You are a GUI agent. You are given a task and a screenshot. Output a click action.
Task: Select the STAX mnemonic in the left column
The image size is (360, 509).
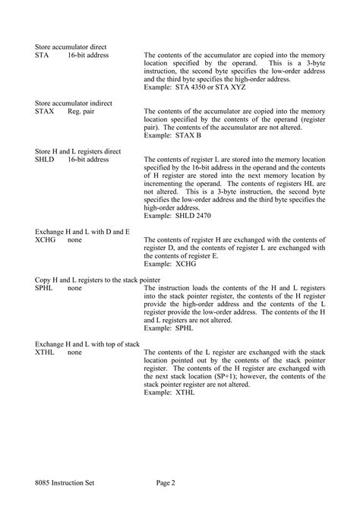45,111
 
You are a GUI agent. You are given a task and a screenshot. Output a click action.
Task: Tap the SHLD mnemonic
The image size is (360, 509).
45,160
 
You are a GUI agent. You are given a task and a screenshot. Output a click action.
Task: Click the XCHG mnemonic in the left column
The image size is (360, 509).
46,239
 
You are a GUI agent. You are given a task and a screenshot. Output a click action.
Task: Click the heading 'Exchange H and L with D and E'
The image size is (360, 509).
82,231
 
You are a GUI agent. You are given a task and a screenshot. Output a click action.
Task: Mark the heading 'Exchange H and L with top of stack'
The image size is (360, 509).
87,344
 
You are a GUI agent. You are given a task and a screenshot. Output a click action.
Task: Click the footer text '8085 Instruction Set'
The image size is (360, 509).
65,482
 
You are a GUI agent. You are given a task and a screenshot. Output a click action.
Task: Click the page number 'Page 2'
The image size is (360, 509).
166,482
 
